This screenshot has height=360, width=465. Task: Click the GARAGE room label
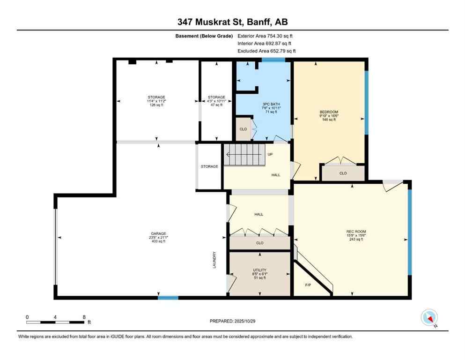tap(158, 233)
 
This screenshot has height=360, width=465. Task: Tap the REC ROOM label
tap(356, 232)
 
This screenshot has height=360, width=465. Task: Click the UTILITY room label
tap(259, 270)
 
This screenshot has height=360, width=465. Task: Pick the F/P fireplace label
tap(308, 285)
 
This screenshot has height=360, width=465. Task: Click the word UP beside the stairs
tap(270, 154)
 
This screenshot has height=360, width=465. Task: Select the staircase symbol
tap(244, 154)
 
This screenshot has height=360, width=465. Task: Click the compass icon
tap(429, 318)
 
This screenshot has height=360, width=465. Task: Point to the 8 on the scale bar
tap(83, 317)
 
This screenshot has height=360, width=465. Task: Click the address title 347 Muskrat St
tap(232, 22)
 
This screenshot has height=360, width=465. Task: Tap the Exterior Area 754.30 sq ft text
tap(265, 36)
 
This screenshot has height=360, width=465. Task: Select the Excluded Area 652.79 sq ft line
tap(266, 51)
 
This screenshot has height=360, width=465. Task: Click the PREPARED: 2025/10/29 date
tap(232, 321)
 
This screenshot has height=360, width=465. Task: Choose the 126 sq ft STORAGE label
tap(157, 101)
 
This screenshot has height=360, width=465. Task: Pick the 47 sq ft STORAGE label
tap(216, 101)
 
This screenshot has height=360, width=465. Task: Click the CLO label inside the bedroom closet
tap(343, 173)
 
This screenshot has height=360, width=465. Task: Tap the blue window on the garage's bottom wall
tap(168, 297)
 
